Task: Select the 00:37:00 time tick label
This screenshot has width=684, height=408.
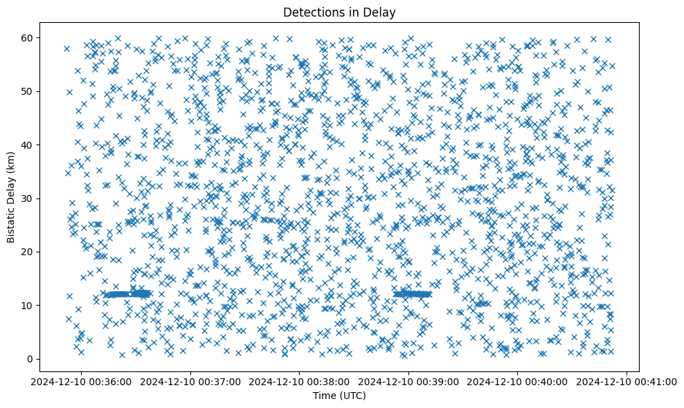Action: [x=190, y=381]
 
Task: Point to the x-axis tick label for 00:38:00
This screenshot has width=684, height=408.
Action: [x=300, y=381]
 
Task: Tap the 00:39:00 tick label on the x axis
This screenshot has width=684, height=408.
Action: [x=408, y=381]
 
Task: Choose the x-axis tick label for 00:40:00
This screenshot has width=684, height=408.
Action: [x=518, y=381]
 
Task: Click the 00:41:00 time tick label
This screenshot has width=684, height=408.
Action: [x=627, y=381]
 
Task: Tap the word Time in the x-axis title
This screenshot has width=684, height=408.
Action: [x=325, y=396]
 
